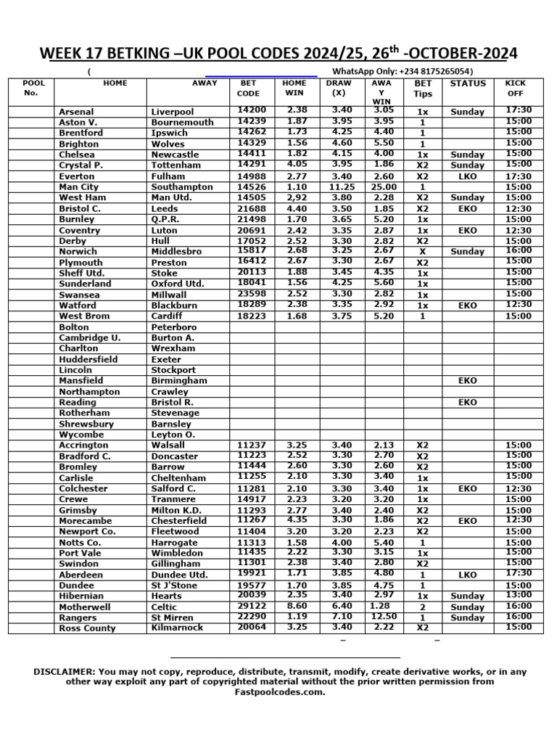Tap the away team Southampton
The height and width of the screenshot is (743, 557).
click(x=182, y=187)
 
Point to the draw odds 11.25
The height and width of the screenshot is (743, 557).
click(x=340, y=186)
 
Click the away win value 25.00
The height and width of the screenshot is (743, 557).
click(x=385, y=186)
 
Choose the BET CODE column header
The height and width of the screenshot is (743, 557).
click(x=248, y=89)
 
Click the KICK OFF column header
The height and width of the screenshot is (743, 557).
click(x=515, y=89)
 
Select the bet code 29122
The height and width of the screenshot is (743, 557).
click(x=248, y=605)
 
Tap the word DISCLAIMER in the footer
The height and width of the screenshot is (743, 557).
click(x=63, y=672)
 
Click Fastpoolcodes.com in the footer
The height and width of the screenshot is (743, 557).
click(x=279, y=692)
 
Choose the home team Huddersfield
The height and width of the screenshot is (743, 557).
click(x=88, y=359)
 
